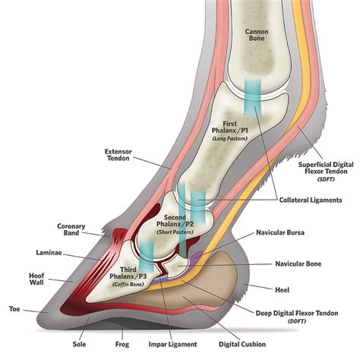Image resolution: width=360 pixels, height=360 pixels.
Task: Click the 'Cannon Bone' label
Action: (x=257, y=35)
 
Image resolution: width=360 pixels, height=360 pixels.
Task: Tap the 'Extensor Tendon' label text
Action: (x=118, y=155)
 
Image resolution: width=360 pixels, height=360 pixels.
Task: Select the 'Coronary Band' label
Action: (x=71, y=229)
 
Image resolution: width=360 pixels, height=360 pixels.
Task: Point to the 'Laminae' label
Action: (x=49, y=253)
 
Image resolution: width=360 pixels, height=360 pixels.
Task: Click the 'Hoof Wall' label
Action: (x=36, y=279)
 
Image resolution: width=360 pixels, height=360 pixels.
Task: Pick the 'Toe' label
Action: (x=14, y=309)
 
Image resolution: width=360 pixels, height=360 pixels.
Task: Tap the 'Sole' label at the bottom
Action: (x=79, y=344)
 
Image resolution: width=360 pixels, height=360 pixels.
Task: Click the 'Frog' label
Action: (x=122, y=344)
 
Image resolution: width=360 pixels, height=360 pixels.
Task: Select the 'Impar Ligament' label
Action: (x=172, y=344)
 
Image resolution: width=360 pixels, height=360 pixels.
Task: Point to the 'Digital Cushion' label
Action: (x=242, y=344)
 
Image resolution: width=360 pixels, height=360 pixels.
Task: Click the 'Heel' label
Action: (x=282, y=289)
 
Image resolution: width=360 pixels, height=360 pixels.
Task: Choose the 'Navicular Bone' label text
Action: (x=298, y=264)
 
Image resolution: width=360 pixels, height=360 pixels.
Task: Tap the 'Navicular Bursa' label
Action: (x=280, y=232)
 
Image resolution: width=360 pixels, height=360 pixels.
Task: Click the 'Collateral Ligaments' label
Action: (x=311, y=200)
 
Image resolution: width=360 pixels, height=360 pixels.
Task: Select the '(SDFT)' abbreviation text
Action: (x=326, y=179)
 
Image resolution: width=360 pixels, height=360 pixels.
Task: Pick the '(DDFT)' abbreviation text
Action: (x=297, y=321)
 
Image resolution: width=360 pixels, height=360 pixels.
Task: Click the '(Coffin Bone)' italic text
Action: (x=128, y=284)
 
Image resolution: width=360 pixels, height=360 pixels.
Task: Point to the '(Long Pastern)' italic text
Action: (x=230, y=138)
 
